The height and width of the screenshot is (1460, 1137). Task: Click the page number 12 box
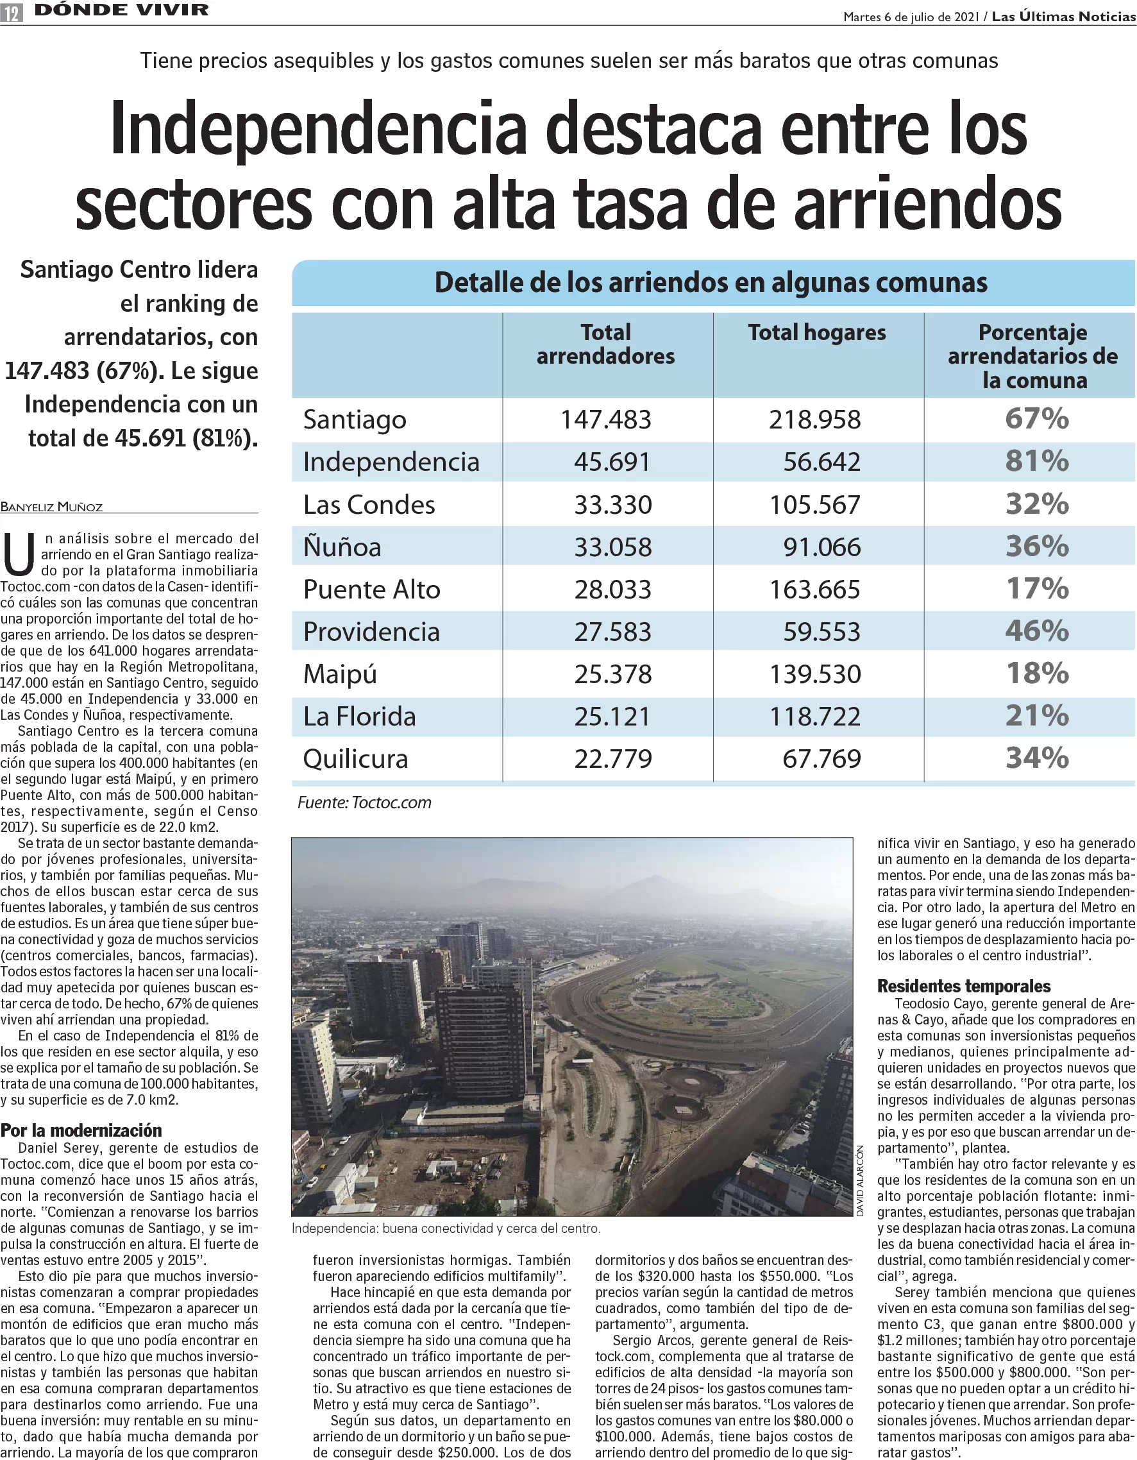[12, 12]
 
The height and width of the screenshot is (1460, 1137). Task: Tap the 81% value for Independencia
[1037, 461]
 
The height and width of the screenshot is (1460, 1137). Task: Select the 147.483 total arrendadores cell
[605, 420]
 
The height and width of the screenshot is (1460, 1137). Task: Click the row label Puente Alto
[372, 590]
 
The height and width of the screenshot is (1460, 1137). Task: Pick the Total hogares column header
[817, 332]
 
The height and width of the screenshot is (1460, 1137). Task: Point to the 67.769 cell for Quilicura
[821, 759]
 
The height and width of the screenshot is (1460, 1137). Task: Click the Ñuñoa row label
[342, 547]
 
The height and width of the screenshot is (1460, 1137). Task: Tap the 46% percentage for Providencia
[1037, 631]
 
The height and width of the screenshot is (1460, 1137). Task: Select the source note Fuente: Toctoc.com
[364, 802]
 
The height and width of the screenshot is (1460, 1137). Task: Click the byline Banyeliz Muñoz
[51, 507]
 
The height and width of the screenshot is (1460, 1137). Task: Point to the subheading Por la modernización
[81, 1130]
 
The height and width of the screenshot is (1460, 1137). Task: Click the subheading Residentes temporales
[964, 986]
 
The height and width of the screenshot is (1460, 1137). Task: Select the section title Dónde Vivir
[122, 10]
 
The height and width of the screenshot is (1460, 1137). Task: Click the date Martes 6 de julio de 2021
[912, 17]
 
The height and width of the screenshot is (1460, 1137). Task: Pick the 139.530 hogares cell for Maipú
[815, 674]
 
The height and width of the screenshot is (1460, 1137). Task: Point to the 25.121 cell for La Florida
[612, 717]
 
